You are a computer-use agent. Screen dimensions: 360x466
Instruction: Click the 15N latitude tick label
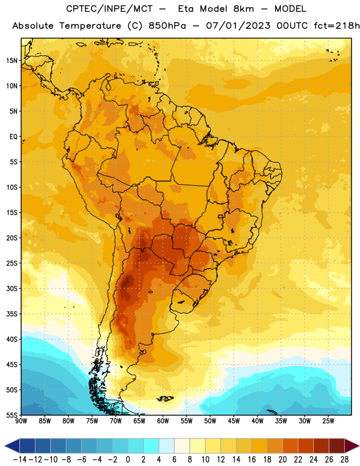(x=12, y=61)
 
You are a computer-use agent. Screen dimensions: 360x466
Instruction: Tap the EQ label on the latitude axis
(x=13, y=137)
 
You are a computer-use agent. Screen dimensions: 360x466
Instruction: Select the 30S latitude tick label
(x=12, y=288)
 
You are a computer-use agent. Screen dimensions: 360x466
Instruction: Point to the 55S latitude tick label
(x=12, y=415)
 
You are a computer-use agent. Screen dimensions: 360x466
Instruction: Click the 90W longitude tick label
(x=21, y=421)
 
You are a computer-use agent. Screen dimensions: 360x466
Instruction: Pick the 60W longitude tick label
(x=163, y=421)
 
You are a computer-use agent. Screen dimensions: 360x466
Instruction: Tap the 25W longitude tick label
(x=328, y=421)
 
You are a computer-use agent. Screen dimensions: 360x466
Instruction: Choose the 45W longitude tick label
(x=234, y=421)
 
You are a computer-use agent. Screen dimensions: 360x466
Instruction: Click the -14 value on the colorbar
(x=20, y=460)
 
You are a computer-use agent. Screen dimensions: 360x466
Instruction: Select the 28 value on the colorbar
(x=344, y=460)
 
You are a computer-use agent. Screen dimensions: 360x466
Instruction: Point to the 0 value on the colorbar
(x=128, y=460)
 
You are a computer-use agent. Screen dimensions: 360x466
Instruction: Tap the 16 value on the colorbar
(x=252, y=460)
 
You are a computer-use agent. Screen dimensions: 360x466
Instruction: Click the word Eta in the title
(x=186, y=9)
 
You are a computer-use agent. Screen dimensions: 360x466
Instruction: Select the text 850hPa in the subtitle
(x=167, y=26)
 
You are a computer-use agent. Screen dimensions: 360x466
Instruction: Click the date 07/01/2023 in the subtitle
(x=238, y=26)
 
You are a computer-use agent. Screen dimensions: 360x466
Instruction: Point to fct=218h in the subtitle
(x=337, y=26)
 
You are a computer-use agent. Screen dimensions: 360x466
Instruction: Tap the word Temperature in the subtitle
(x=90, y=26)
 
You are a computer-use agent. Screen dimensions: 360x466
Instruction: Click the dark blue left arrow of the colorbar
(x=12, y=446)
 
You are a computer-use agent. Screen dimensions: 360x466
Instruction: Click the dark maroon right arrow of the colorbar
(x=352, y=446)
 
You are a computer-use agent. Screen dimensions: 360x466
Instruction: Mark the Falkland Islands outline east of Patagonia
(x=165, y=398)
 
